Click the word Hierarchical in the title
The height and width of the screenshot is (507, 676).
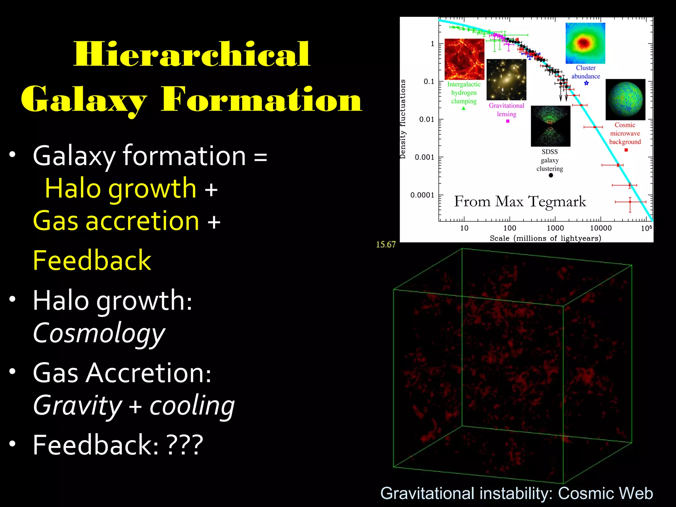(192, 54)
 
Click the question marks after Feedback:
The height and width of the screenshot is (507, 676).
(185, 445)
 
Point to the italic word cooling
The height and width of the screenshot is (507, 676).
(192, 406)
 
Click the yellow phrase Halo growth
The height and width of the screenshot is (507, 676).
(120, 188)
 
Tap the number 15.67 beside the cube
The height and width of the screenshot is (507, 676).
(386, 245)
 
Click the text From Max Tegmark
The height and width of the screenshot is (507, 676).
(520, 201)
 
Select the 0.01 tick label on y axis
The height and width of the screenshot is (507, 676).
(426, 119)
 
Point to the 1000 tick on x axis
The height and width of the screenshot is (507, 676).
(555, 228)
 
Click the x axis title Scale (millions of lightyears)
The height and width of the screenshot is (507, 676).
(545, 238)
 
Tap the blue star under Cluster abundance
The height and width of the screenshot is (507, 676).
(586, 83)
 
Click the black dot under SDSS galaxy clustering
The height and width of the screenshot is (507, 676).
(551, 175)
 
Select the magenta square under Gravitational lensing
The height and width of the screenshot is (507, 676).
(508, 121)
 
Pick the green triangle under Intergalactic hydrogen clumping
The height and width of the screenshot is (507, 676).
(463, 108)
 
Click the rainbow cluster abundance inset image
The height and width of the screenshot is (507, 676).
(585, 43)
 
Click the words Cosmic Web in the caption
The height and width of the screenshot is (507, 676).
(605, 493)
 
